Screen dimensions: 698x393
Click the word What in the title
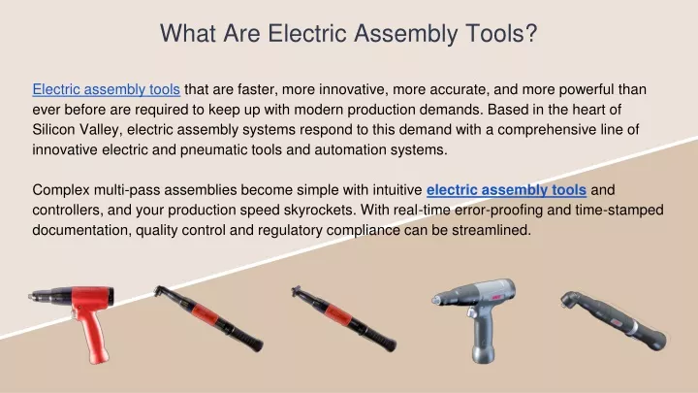tap(188, 33)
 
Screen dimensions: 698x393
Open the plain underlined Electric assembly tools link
tap(106, 89)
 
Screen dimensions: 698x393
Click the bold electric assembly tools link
tap(506, 190)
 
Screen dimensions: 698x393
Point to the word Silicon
tap(54, 130)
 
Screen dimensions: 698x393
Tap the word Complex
tap(60, 190)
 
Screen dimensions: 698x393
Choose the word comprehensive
tap(550, 130)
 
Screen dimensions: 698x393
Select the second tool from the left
tap(208, 318)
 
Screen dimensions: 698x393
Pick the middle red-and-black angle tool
tap(343, 318)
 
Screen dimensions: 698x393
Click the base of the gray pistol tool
tap(483, 353)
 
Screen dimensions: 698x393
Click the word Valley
tap(100, 130)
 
